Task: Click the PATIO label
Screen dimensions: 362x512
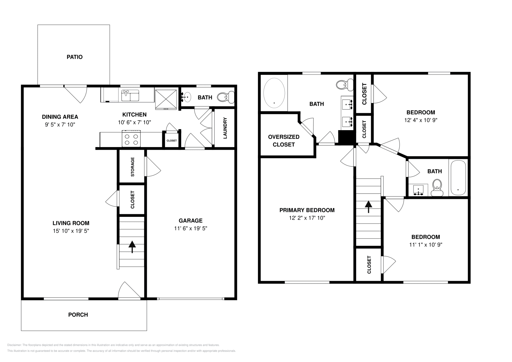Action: click(x=75, y=57)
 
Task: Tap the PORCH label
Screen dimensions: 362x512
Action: click(x=78, y=315)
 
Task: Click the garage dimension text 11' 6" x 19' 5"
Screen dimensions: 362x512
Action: click(x=190, y=228)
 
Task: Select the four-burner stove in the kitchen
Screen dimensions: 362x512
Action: click(x=131, y=139)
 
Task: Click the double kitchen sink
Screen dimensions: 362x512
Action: click(x=130, y=95)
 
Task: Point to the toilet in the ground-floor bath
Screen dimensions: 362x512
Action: click(x=226, y=97)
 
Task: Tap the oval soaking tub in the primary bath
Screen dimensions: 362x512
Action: click(x=274, y=93)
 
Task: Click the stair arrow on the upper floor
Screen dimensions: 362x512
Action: click(x=369, y=206)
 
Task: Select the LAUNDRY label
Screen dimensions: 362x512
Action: click(x=225, y=128)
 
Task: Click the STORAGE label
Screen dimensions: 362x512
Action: click(x=132, y=167)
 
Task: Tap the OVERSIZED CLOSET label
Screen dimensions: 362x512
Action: click(x=284, y=141)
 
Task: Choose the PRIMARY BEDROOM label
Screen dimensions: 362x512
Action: click(x=307, y=210)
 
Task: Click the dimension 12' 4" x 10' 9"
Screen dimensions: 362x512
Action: click(x=420, y=120)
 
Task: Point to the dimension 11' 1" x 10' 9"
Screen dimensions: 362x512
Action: click(x=425, y=245)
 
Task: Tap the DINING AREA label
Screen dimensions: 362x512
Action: click(x=60, y=117)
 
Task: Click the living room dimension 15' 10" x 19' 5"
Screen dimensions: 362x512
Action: click(x=71, y=231)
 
